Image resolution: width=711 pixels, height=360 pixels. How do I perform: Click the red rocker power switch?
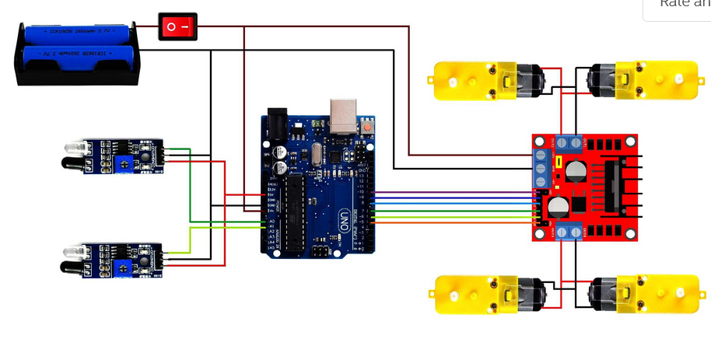point(177,27)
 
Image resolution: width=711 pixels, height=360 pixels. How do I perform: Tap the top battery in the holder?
point(78,34)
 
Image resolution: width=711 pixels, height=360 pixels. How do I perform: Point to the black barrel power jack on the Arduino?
point(276,124)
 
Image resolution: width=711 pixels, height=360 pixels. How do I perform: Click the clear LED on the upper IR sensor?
point(71,147)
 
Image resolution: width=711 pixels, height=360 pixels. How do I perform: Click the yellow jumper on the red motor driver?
point(559,163)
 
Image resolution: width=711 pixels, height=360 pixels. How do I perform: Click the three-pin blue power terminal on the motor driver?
point(542,168)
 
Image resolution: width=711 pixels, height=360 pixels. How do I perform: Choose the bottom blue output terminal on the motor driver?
point(568,232)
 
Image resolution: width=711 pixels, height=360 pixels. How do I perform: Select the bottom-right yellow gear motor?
point(642,294)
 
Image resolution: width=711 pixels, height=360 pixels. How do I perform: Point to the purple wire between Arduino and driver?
point(451,192)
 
